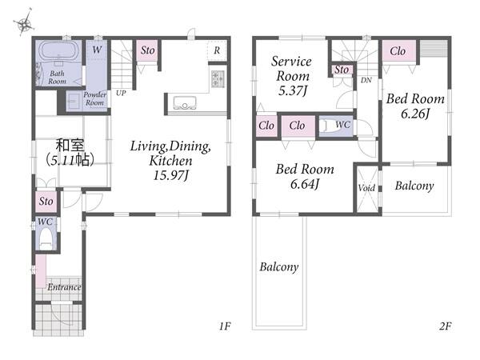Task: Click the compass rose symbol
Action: (24, 23)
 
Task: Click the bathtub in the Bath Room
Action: (58, 51)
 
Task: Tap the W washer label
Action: (97, 50)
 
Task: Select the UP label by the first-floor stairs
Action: (121, 93)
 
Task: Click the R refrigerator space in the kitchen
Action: (217, 50)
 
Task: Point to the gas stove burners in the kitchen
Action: (218, 78)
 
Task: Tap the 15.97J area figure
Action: (171, 175)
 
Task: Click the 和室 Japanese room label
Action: (70, 146)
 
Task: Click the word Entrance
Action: (64, 287)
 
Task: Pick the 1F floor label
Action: (224, 326)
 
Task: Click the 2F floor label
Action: (445, 326)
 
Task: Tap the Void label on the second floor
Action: (366, 188)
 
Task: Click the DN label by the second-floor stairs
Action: (366, 80)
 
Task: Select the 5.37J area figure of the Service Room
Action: (293, 91)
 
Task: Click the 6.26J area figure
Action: (415, 114)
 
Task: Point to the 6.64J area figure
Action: (305, 184)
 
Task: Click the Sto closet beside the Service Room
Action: (342, 70)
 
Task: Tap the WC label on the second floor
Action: (342, 125)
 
